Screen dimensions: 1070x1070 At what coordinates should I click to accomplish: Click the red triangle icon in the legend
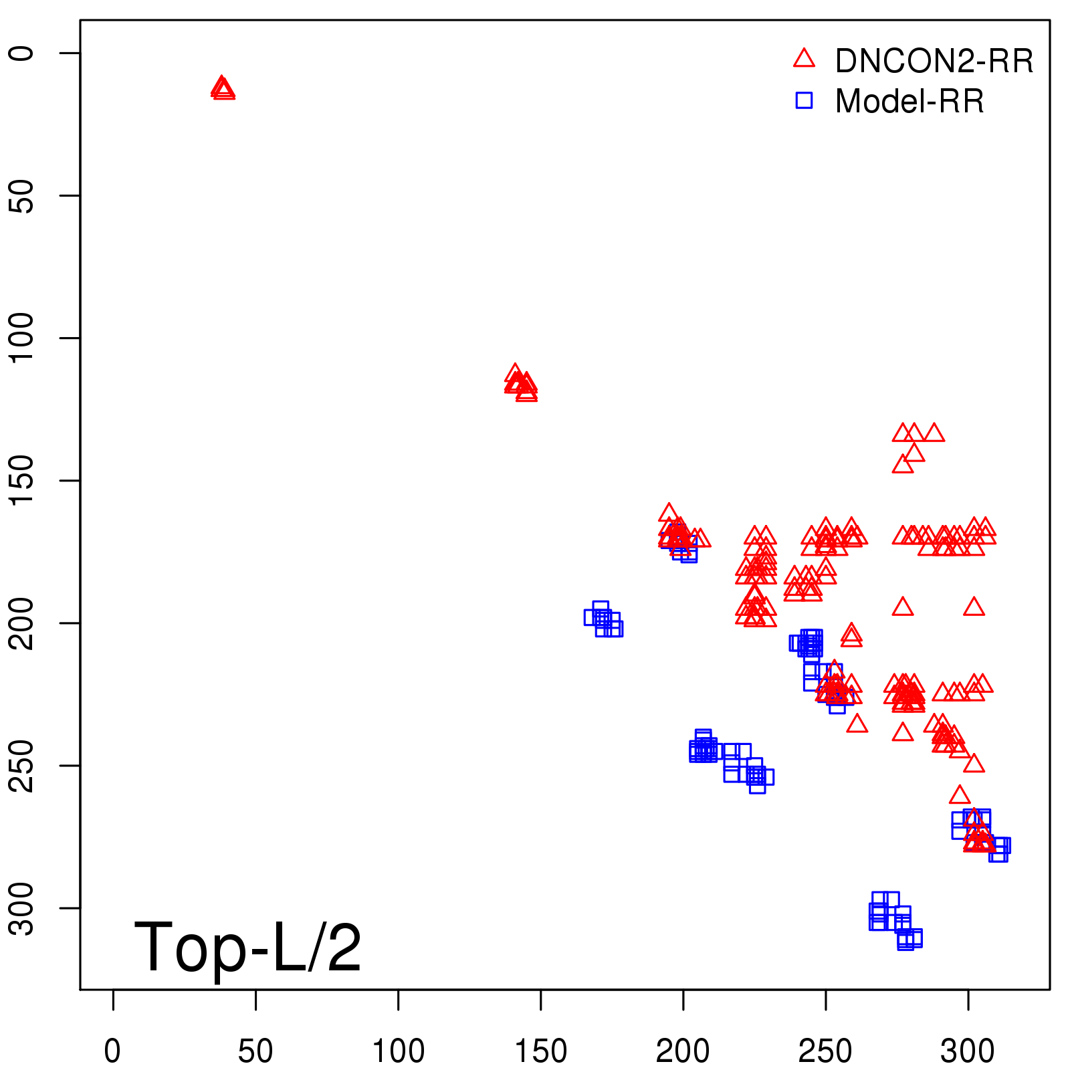click(804, 59)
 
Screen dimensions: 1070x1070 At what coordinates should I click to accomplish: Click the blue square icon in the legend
click(804, 100)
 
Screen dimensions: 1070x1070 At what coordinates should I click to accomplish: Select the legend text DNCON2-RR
click(934, 61)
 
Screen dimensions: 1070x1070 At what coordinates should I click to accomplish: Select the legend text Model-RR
click(909, 102)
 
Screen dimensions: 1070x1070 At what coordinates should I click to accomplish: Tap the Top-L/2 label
click(247, 947)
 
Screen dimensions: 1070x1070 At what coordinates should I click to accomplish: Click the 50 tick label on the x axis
click(255, 1051)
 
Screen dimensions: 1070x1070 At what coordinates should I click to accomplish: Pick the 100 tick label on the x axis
click(398, 1051)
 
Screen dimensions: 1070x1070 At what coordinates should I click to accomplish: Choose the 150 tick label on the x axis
click(540, 1051)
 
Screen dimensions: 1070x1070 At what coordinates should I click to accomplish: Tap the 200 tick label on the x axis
click(683, 1051)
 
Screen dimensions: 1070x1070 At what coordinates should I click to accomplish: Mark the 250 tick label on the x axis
click(825, 1051)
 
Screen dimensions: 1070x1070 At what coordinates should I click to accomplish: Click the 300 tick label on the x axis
click(968, 1051)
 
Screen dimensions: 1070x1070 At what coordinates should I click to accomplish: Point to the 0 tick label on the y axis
click(21, 53)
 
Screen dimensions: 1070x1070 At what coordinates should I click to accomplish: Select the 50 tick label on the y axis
click(21, 195)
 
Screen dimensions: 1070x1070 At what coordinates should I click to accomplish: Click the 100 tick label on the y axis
click(21, 338)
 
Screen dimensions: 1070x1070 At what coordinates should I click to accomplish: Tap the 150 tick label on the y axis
click(21, 480)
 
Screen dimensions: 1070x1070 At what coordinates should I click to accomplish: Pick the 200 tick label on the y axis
click(21, 623)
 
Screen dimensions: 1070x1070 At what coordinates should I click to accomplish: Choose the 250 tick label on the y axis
click(21, 765)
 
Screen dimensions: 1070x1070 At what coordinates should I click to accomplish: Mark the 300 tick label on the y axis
click(21, 907)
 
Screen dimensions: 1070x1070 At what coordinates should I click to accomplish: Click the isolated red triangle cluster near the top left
click(223, 89)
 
